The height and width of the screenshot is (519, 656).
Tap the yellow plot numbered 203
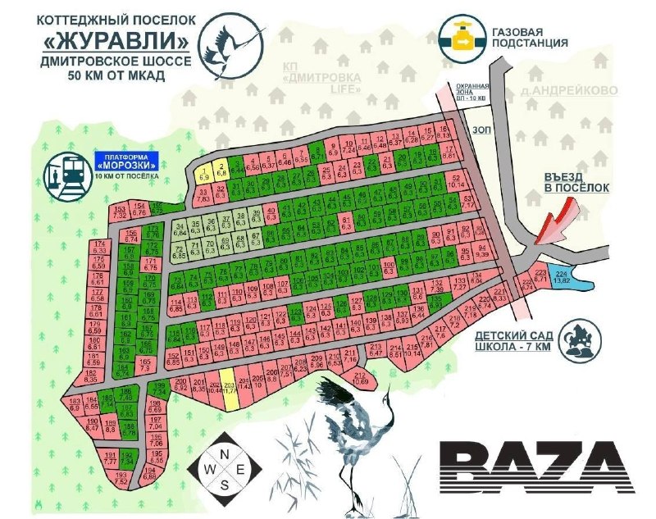[x=230, y=395]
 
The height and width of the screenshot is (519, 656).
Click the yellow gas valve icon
[x=462, y=36]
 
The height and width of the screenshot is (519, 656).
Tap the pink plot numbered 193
[x=121, y=478]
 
